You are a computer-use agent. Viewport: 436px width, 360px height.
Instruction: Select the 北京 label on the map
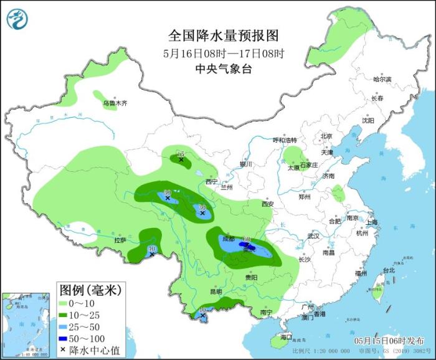[326, 136]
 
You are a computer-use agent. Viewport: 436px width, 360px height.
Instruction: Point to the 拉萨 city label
[120, 240]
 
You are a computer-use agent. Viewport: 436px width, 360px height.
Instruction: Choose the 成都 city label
[227, 239]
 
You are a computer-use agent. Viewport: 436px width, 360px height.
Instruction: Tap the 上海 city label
[372, 222]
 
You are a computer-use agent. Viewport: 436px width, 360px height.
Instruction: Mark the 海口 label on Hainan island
[286, 337]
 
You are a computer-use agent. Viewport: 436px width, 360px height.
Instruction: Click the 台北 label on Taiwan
[389, 270]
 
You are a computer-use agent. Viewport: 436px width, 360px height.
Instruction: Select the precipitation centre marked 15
[181, 160]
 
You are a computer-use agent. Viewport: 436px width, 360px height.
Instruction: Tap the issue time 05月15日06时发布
[389, 341]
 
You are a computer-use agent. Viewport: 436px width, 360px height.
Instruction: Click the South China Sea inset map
[26, 324]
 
